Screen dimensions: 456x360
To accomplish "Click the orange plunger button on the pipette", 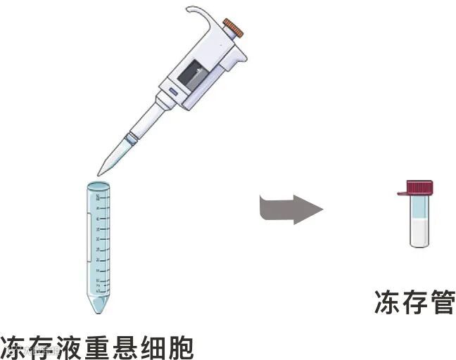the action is (x=234, y=28).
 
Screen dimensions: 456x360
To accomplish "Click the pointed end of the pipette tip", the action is (x=100, y=173).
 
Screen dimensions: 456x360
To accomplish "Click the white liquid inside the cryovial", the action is (x=419, y=232).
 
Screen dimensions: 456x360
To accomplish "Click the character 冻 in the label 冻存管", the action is (x=386, y=302).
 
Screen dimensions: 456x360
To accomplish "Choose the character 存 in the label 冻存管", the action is (x=413, y=302).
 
